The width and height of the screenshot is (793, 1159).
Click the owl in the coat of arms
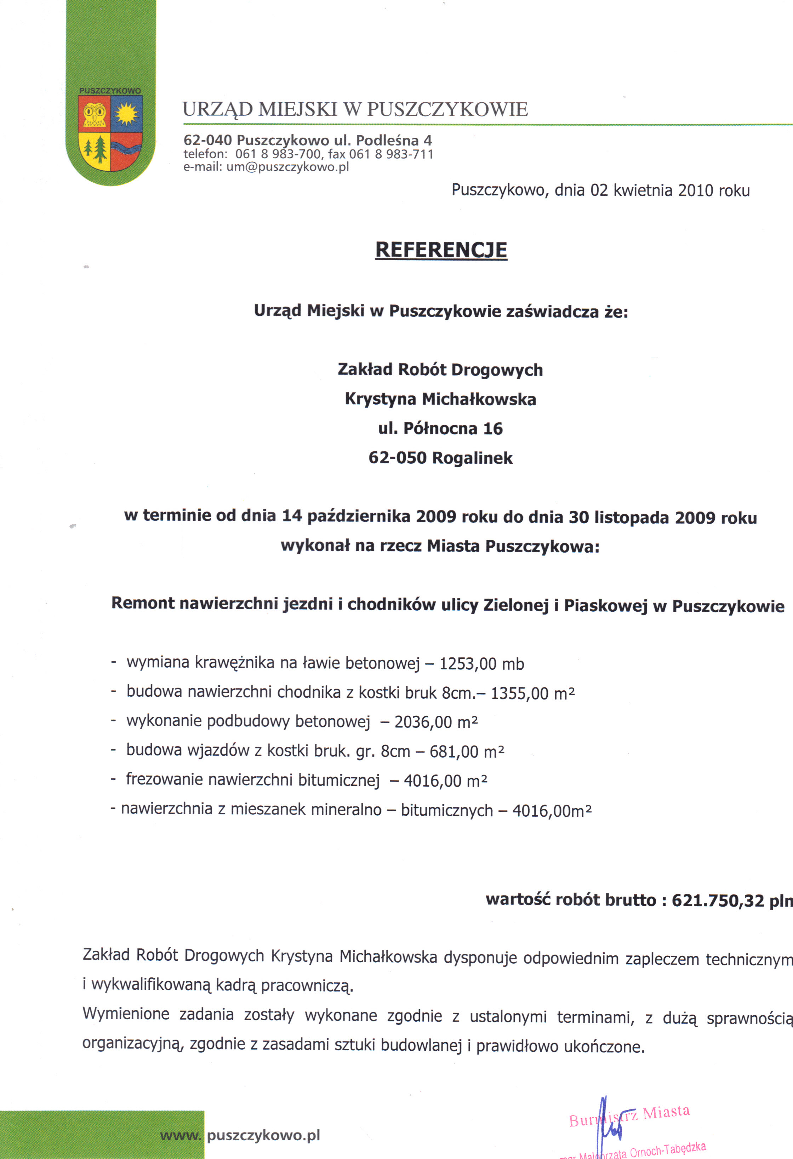coord(94,115)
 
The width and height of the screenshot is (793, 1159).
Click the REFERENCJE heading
coord(441,250)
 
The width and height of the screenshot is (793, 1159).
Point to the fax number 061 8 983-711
coord(391,154)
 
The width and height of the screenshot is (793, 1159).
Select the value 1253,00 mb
coord(481,664)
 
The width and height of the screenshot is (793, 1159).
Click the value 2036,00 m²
coord(436,722)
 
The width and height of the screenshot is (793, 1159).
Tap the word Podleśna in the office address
coord(387,140)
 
